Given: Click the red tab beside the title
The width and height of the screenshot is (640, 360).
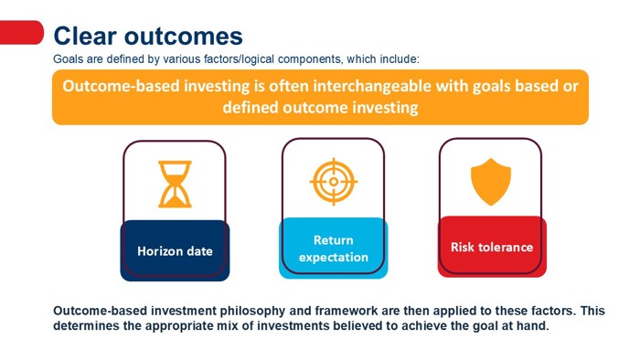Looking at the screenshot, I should pos(21,33).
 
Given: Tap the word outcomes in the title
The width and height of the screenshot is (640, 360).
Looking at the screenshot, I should pos(187,36).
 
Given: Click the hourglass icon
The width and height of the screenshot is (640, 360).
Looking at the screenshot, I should pos(175,185).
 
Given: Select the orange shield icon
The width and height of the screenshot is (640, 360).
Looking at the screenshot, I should pos(491,182).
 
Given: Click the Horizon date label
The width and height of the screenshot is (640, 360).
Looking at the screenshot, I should pos(175,250).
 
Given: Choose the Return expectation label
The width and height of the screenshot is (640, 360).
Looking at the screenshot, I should pos(333,249).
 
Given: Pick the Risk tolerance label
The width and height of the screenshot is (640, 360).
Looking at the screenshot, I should pos(491,247).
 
